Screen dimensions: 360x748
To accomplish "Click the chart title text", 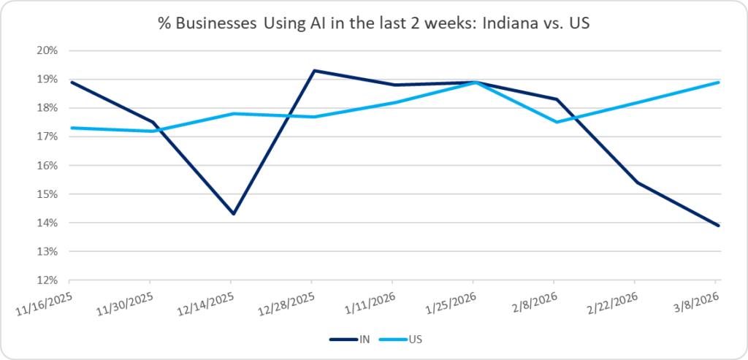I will point(374,23).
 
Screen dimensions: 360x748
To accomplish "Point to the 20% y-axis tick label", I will point(47,51).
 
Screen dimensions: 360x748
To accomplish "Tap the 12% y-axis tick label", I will point(47,280).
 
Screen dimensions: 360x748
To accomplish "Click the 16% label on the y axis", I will point(47,166).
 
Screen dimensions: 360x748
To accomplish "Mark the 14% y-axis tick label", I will point(47,223).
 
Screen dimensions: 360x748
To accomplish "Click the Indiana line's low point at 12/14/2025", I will point(232,214).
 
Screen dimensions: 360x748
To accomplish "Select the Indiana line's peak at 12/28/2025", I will point(313,71).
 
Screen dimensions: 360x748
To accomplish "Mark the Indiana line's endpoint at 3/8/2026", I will point(718,226).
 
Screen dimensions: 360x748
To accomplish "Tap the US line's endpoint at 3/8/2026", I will point(718,83).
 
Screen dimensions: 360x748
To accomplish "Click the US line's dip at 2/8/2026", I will point(557,122).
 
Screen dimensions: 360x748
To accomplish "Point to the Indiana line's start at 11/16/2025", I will point(70,83).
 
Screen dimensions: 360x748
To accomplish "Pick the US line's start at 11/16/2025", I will point(70,128).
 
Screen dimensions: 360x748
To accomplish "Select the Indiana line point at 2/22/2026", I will point(636,183).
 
